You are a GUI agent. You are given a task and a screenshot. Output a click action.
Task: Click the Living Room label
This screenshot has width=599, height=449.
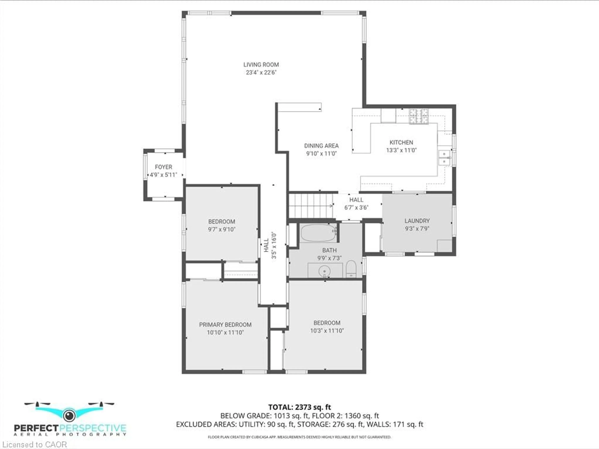[261, 65]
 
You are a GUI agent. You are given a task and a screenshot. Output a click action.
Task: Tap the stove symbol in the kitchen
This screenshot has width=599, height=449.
[419, 116]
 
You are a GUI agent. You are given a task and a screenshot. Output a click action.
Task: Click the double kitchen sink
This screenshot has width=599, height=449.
[444, 158]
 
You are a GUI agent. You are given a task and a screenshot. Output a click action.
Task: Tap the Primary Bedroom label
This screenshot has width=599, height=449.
[225, 325]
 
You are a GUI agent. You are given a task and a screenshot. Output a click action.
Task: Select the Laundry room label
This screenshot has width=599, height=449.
[417, 221]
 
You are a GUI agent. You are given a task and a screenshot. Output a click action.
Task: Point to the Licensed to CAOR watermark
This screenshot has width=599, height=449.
[34, 444]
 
